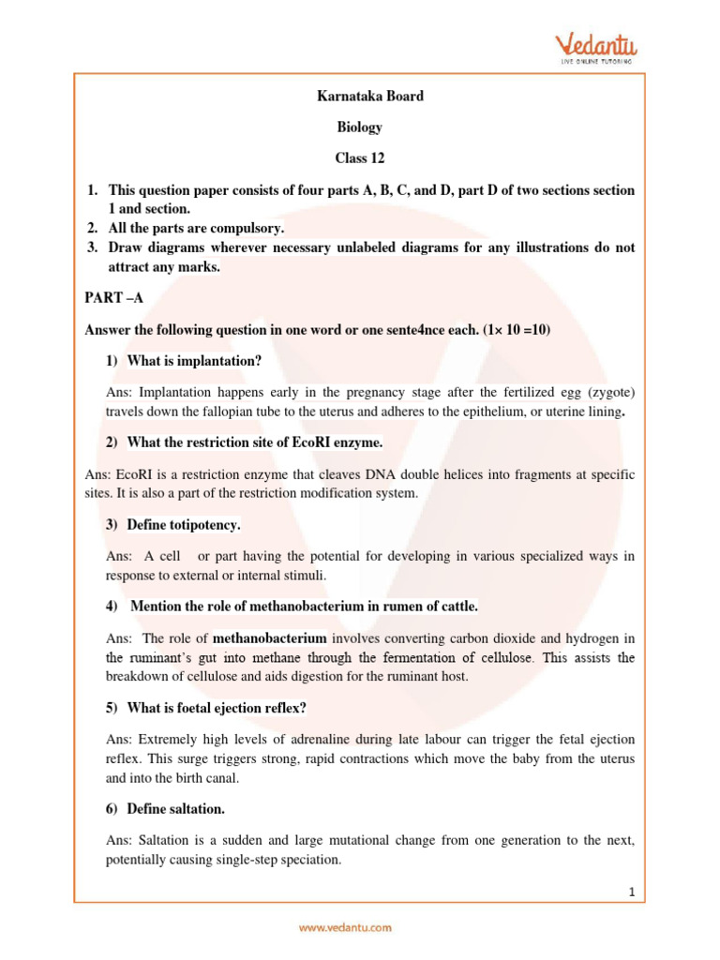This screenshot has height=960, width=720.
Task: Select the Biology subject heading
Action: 360,127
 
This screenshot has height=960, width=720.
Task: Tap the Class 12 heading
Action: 360,157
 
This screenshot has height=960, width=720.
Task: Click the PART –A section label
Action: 114,298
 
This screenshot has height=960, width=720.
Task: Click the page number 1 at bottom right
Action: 632,893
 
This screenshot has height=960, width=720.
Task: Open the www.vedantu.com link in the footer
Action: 345,927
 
